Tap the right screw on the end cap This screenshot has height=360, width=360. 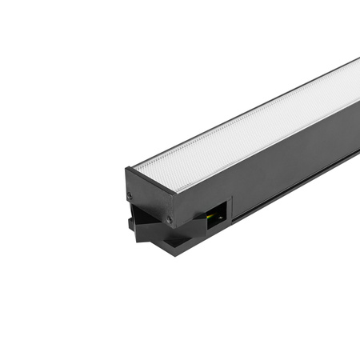coord(169,218)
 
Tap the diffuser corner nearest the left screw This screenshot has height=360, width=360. coord(134,167)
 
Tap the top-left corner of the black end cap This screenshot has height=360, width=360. coord(125,169)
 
